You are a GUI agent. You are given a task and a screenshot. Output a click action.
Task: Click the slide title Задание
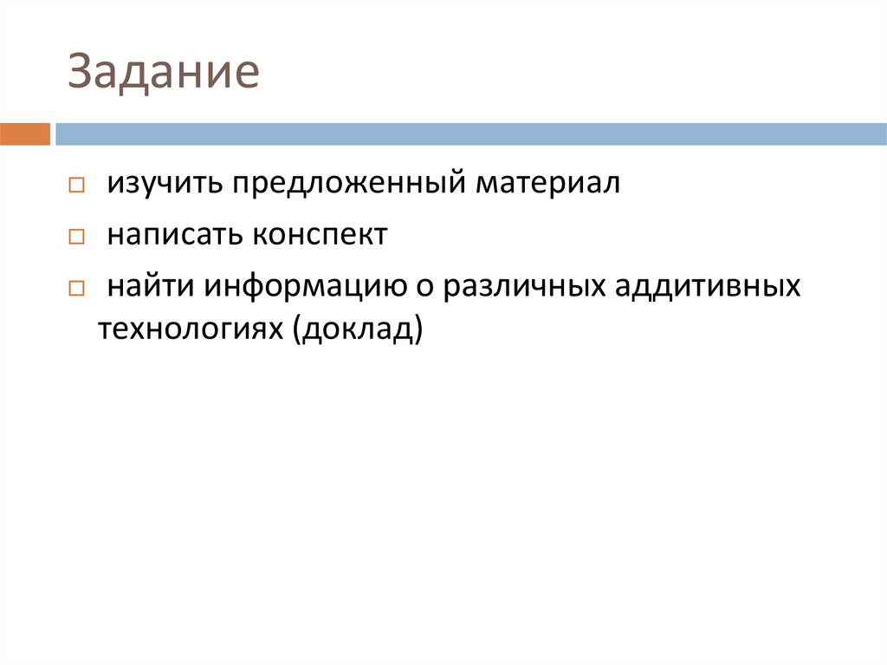tap(165, 73)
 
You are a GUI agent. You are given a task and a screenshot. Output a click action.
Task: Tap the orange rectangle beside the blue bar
tap(24, 134)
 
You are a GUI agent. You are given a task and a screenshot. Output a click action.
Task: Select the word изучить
tap(162, 185)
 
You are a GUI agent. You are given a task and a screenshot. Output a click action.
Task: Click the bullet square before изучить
tap(76, 186)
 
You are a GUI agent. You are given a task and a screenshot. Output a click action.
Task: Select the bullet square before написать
tap(76, 237)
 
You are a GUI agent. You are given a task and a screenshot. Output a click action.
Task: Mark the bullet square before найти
tap(76, 288)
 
